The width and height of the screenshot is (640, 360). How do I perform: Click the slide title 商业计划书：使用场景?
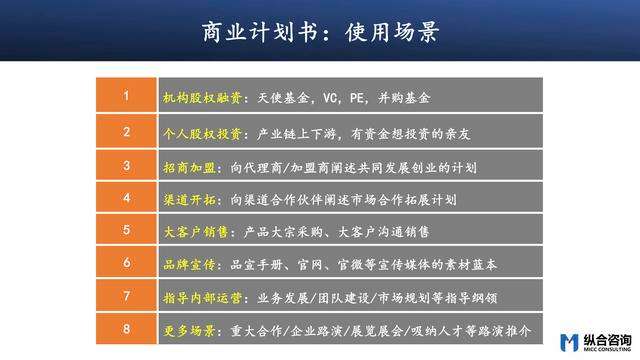coord(319,33)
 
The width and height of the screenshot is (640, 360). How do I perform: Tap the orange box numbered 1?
coord(126,97)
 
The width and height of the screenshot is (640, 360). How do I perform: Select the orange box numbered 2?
coord(126,131)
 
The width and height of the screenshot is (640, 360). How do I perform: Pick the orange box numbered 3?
coord(126,164)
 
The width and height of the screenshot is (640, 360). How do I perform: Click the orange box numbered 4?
coord(126,197)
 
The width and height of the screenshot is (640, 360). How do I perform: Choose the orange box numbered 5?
coord(126,230)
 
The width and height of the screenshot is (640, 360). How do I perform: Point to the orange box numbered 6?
coord(126,263)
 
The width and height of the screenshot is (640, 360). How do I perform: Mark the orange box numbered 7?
coord(126,296)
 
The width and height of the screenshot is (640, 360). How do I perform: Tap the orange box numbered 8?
coord(126,329)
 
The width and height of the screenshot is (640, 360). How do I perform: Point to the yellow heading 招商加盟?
coord(187,165)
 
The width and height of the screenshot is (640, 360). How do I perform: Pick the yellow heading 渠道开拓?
coord(187,198)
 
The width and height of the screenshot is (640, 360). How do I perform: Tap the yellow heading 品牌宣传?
coord(187,264)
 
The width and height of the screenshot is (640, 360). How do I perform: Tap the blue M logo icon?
coord(570,339)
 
